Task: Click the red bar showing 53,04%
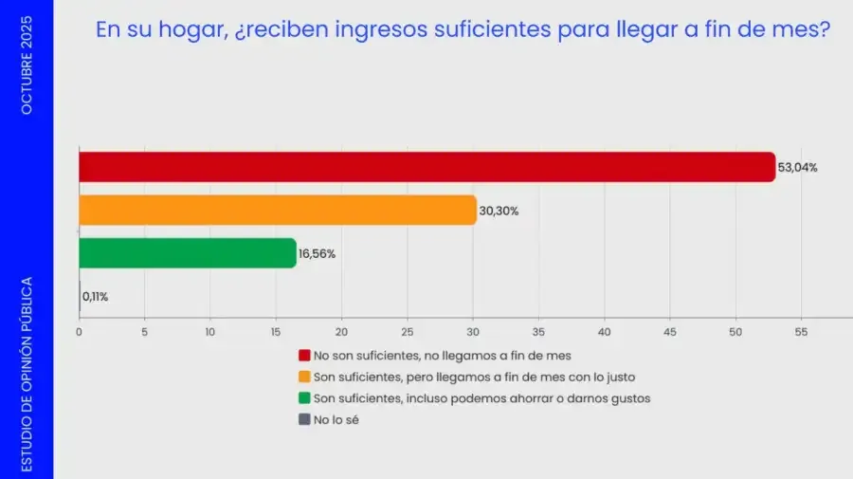(426, 167)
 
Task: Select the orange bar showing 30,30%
(277, 210)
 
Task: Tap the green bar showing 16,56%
(187, 253)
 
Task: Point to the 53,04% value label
(798, 168)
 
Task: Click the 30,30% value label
(499, 211)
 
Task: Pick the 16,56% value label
(318, 254)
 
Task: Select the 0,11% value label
(95, 297)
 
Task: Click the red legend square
(304, 356)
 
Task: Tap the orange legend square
(304, 377)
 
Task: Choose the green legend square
(304, 398)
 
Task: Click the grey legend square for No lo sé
(304, 419)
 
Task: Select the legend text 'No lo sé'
(336, 419)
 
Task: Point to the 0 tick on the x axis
(79, 332)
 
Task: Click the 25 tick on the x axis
(408, 332)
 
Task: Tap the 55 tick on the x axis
(801, 332)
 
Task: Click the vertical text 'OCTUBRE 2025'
(27, 64)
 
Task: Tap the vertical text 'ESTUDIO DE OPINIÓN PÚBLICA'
(27, 373)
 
